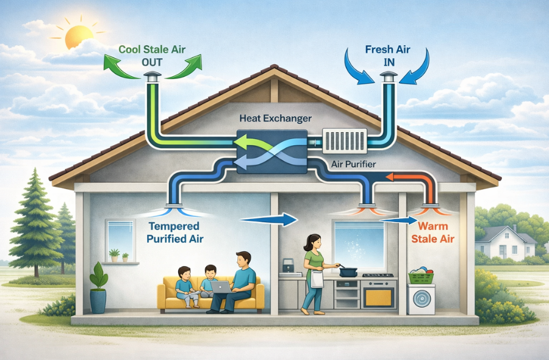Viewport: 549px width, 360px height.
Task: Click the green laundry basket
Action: coord(422,275)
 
